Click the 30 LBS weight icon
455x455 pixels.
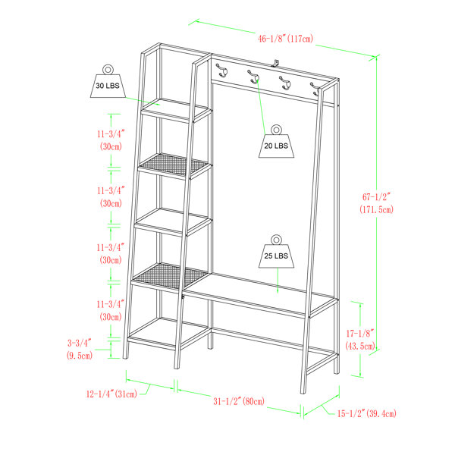coord(108,82)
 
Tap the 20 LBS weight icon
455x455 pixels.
coord(276,142)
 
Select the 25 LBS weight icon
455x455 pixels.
coord(276,251)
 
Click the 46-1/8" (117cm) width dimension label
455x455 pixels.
coord(286,39)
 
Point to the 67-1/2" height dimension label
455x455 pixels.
coord(376,203)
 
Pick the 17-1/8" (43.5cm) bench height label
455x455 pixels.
coord(360,340)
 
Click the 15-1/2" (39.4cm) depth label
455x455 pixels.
coord(366,413)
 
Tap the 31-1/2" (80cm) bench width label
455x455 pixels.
coord(239,401)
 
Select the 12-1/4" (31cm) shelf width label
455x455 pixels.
coord(111,394)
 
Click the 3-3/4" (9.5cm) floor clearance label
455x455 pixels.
coord(80,349)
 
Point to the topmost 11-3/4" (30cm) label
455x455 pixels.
coord(111,140)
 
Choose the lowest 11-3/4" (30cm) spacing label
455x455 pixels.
coord(111,310)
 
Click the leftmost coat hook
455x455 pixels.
coord(222,71)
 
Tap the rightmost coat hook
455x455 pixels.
coord(315,89)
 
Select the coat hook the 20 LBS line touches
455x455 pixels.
coord(254,77)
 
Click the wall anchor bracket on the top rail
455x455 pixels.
coord(275,63)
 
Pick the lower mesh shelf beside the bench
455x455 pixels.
coord(169,276)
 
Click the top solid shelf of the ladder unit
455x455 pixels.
coord(177,109)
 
